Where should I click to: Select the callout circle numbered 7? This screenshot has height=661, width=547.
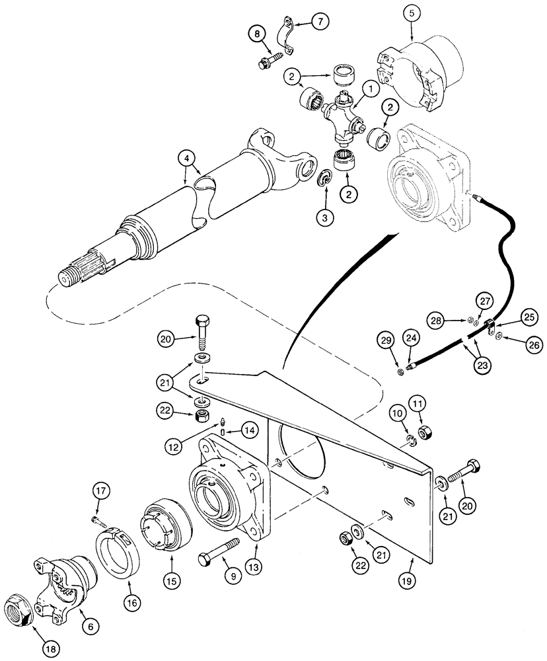pos(320,22)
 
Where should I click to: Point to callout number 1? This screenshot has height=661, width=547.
pos(370,87)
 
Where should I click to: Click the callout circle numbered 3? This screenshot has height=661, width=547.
pos(324,217)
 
